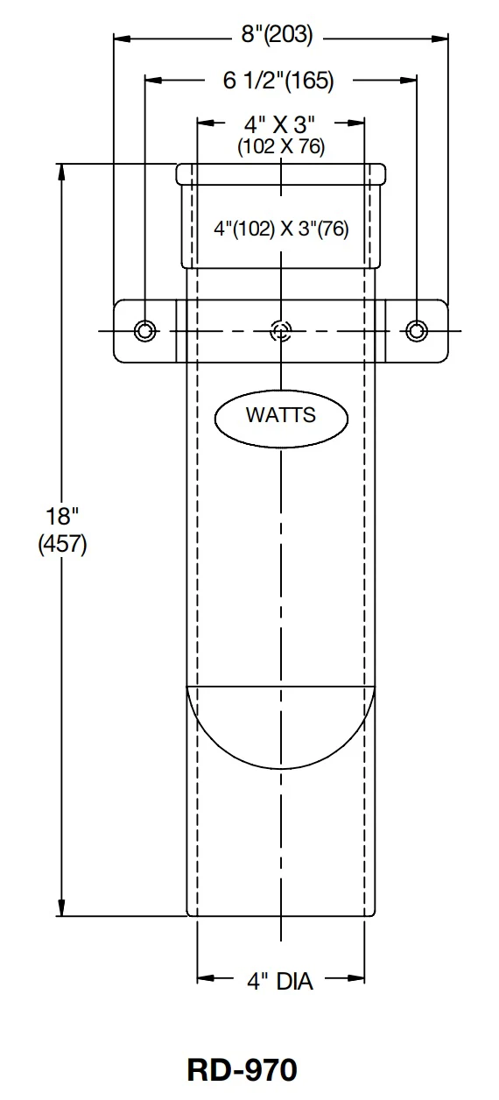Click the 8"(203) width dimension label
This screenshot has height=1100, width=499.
pyautogui.click(x=277, y=36)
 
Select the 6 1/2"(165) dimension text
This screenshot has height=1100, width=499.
pyautogui.click(x=278, y=80)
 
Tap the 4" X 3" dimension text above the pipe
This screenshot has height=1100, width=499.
pyautogui.click(x=280, y=124)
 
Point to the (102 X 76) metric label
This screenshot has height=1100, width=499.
pyautogui.click(x=281, y=146)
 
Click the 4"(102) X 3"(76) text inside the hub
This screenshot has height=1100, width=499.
pyautogui.click(x=281, y=229)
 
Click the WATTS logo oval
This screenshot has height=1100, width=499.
pyautogui.click(x=281, y=417)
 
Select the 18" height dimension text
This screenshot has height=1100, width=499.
pyautogui.click(x=62, y=516)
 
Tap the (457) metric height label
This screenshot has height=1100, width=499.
pyautogui.click(x=62, y=544)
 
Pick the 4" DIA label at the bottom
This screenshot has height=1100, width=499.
pyautogui.click(x=280, y=981)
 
